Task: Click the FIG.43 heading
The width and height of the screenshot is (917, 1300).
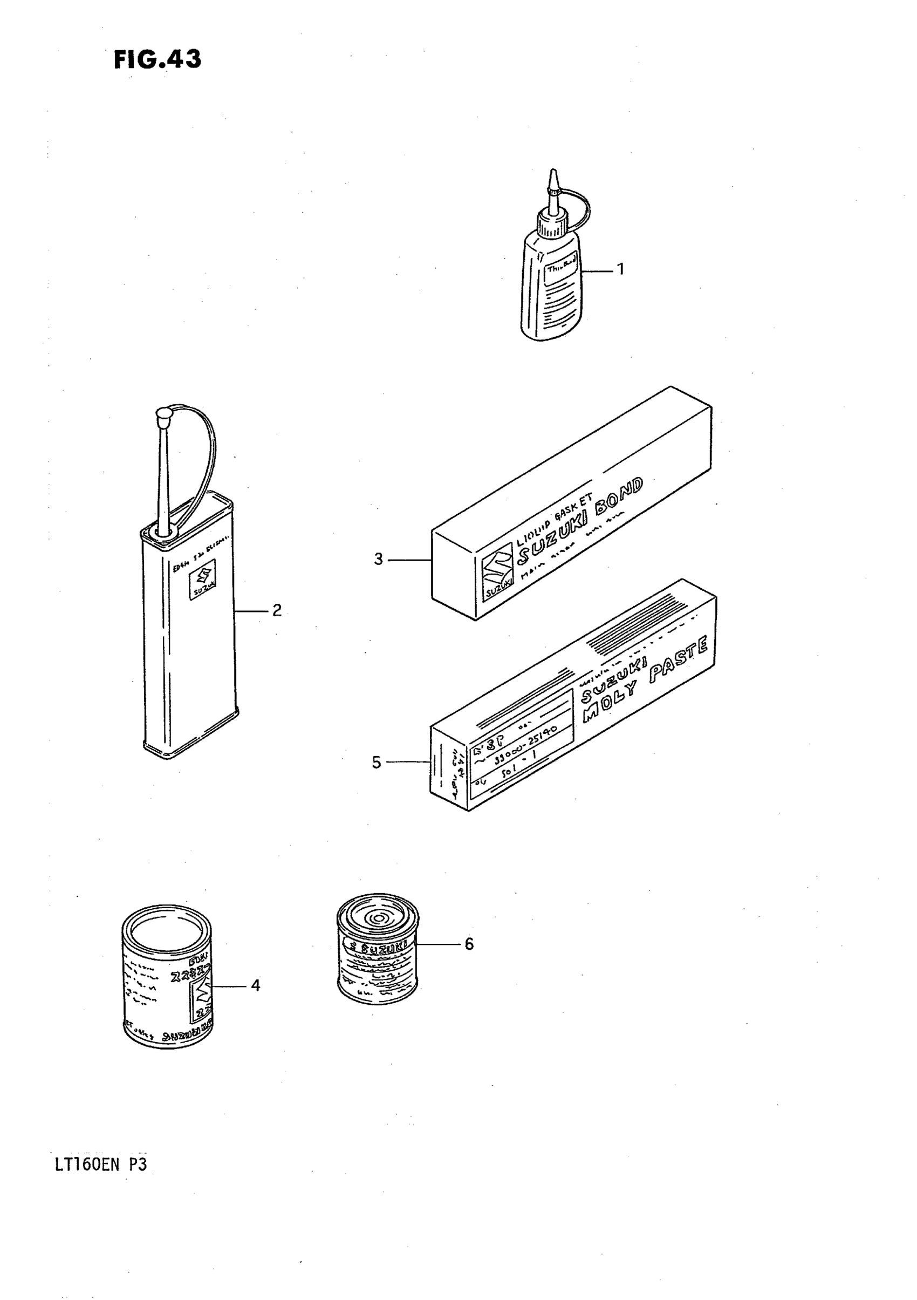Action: click(x=158, y=59)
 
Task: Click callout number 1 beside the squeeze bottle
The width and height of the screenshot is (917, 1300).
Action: click(x=620, y=269)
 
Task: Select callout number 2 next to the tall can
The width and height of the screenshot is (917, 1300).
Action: click(x=277, y=610)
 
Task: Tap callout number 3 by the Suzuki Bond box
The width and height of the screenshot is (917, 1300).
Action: click(x=378, y=560)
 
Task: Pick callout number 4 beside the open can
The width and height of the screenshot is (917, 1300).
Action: click(x=255, y=986)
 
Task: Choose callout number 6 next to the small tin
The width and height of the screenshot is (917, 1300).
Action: click(x=469, y=944)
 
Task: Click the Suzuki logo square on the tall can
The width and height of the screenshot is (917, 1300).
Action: click(x=202, y=579)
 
